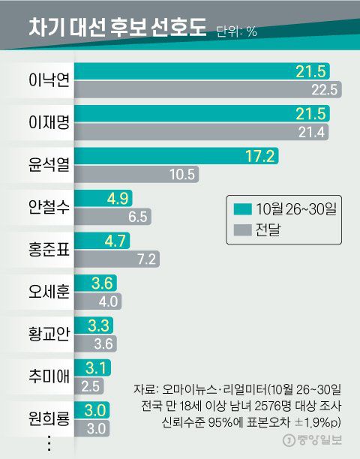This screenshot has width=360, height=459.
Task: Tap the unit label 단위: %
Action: tap(236, 31)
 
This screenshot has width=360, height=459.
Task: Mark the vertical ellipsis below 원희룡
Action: tap(49, 442)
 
